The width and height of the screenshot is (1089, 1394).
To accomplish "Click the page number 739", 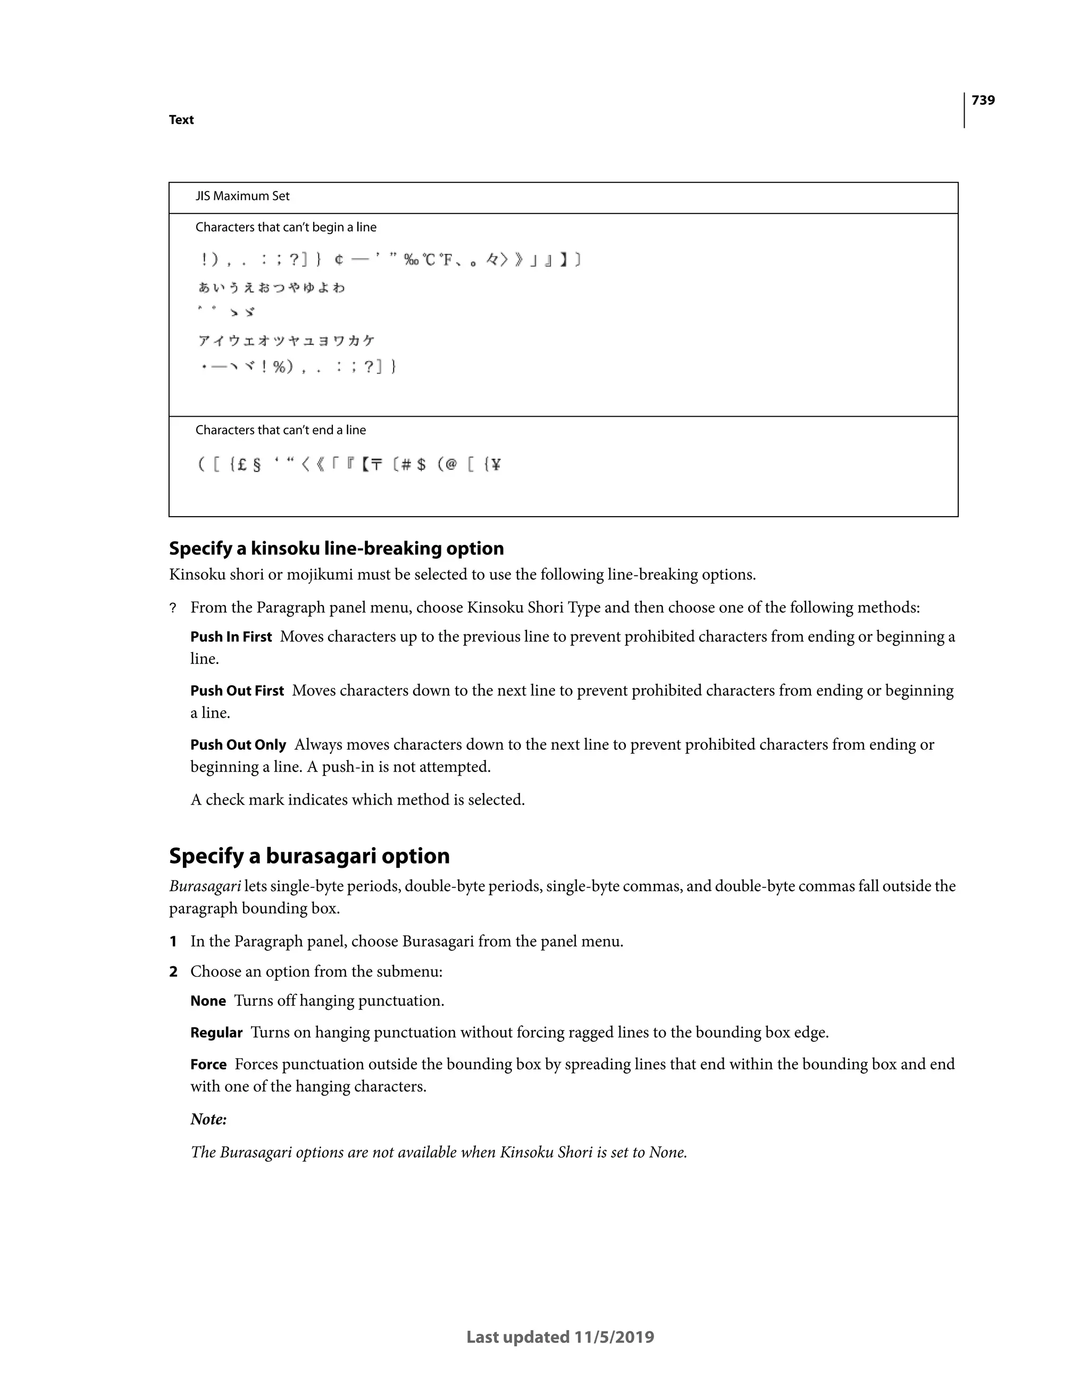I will (983, 100).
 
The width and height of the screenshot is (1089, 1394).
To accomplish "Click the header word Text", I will (181, 120).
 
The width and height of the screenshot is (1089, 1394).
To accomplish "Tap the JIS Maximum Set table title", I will (242, 196).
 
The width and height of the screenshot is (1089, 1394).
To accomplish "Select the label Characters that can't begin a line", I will (286, 227).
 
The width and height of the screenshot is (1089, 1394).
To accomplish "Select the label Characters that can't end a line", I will (281, 430).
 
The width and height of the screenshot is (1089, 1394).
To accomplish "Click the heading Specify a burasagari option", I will (309, 856).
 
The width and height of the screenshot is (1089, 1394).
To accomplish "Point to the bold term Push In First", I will (231, 637).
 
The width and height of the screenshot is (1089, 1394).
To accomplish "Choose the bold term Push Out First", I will (237, 691).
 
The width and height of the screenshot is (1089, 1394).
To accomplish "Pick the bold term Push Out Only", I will (238, 745).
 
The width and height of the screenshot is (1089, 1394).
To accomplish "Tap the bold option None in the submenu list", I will (208, 1001).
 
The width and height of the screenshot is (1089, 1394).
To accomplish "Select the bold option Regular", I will (216, 1033).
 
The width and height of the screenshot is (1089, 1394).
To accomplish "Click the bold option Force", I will (208, 1065).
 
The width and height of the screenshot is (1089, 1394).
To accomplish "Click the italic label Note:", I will (208, 1119).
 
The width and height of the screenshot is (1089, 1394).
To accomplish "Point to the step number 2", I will (173, 972).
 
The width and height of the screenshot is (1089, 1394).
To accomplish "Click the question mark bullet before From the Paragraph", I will (172, 608).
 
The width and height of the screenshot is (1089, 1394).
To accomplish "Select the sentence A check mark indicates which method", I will (357, 800).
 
